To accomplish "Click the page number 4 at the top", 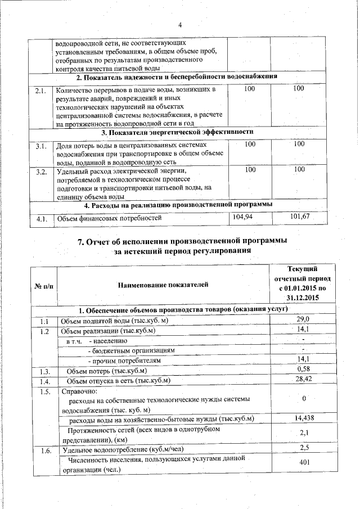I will pos(181,24).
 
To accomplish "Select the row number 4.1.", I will pos(40,218).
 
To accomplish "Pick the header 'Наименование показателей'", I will pos(163,285).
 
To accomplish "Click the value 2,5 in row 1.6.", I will pos(304,448).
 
